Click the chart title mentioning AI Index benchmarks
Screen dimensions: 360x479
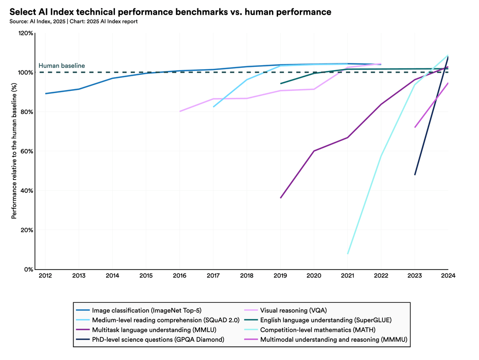click(170, 12)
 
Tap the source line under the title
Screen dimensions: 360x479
click(73, 21)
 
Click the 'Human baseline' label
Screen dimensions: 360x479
click(62, 66)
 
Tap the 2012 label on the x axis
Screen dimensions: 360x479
click(45, 276)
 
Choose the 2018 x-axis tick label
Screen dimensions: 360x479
click(247, 276)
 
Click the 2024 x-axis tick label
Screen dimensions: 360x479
click(448, 276)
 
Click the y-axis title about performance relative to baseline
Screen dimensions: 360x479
click(14, 151)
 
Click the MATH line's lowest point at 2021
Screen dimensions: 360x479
click(348, 254)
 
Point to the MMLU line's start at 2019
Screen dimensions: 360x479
click(280, 198)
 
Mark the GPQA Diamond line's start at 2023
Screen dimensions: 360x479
click(415, 175)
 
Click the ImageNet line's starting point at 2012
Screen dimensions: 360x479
click(45, 94)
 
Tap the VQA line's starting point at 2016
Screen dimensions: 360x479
click(180, 111)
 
